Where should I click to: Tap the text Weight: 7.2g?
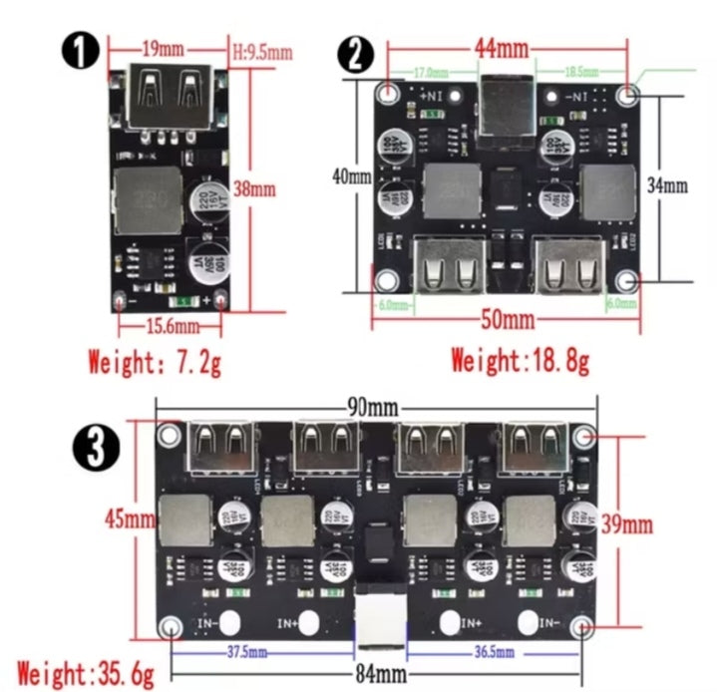[x=155, y=361]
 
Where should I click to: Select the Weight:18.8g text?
[x=520, y=360]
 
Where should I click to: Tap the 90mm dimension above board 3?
[x=369, y=408]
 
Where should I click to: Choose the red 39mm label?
[x=627, y=523]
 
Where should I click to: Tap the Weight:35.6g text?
[x=85, y=673]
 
